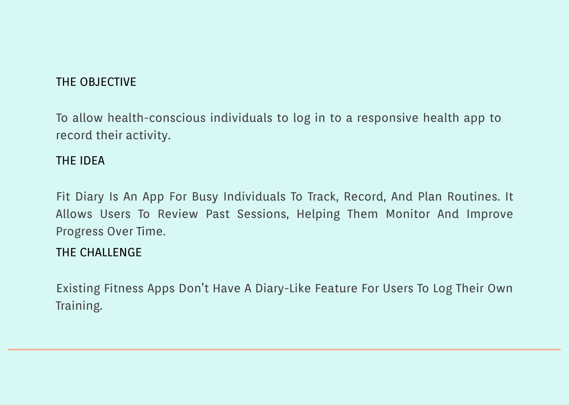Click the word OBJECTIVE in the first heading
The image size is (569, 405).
pyautogui.click(x=108, y=82)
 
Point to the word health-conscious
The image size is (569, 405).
pyautogui.click(x=156, y=118)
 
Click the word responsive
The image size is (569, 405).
pyautogui.click(x=388, y=118)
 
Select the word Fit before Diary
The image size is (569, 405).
pyautogui.click(x=63, y=197)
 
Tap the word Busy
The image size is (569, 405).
pyautogui.click(x=205, y=197)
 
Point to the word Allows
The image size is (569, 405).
pyautogui.click(x=74, y=214)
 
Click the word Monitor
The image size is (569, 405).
pyautogui.click(x=408, y=214)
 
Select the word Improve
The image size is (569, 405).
pyautogui.click(x=490, y=214)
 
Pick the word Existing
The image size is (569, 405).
pyautogui.click(x=78, y=288)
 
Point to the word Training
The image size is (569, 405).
pyautogui.click(x=79, y=306)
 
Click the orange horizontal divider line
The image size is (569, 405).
pyautogui.click(x=284, y=350)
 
